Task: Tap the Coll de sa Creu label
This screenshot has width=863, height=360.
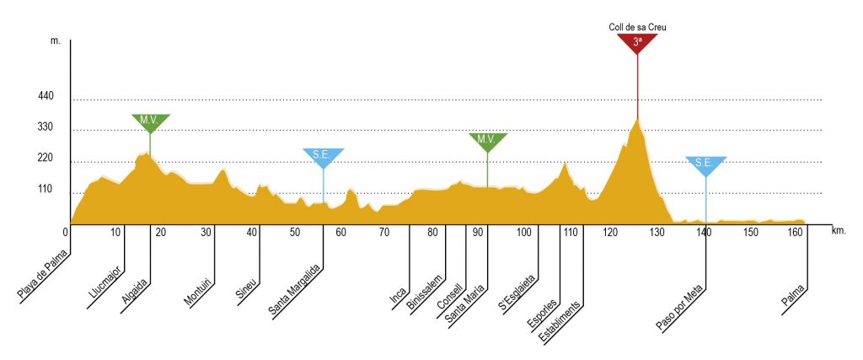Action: click(x=638, y=27)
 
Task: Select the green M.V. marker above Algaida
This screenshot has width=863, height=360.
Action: click(x=150, y=121)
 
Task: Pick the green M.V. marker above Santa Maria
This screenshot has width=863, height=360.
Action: click(x=486, y=140)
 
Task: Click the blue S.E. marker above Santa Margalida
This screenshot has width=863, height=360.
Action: click(x=323, y=156)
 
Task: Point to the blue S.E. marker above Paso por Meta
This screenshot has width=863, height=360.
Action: click(x=705, y=164)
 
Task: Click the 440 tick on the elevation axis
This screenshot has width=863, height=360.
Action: click(x=46, y=98)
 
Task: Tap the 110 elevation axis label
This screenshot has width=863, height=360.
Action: click(x=46, y=191)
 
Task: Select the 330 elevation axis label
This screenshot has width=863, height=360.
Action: click(x=46, y=128)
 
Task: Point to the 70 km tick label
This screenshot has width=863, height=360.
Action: click(x=383, y=233)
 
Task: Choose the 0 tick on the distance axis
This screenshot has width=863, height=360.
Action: click(x=66, y=232)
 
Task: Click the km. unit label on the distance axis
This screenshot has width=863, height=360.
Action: click(x=838, y=229)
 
